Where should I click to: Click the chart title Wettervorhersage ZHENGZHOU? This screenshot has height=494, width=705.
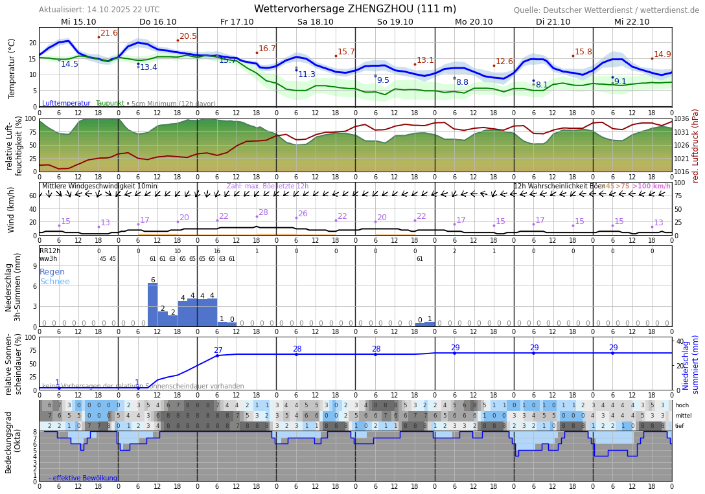click(x=354, y=9)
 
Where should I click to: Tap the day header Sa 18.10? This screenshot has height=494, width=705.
click(x=316, y=22)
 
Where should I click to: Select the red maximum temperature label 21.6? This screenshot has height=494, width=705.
click(x=109, y=33)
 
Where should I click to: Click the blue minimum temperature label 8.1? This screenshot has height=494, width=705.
click(x=542, y=85)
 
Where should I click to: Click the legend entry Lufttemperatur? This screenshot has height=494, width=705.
click(x=66, y=104)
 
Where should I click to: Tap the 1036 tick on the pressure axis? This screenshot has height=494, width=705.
click(x=682, y=119)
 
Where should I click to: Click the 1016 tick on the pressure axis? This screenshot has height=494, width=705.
click(x=682, y=172)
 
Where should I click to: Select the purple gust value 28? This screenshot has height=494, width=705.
click(x=263, y=212)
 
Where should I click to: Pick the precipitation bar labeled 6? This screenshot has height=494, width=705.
click(x=153, y=304)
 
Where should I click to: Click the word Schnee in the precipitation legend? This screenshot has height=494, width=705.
click(x=54, y=282)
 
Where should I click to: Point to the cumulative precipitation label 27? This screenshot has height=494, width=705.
click(x=218, y=350)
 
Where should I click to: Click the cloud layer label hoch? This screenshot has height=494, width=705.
click(x=682, y=405)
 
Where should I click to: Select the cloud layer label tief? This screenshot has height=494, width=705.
click(x=680, y=426)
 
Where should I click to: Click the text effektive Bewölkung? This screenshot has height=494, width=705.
click(x=85, y=478)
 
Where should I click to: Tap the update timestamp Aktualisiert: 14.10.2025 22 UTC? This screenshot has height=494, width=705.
click(x=99, y=10)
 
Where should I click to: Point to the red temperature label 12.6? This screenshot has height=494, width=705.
click(x=504, y=62)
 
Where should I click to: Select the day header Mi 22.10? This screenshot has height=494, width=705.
click(x=632, y=22)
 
